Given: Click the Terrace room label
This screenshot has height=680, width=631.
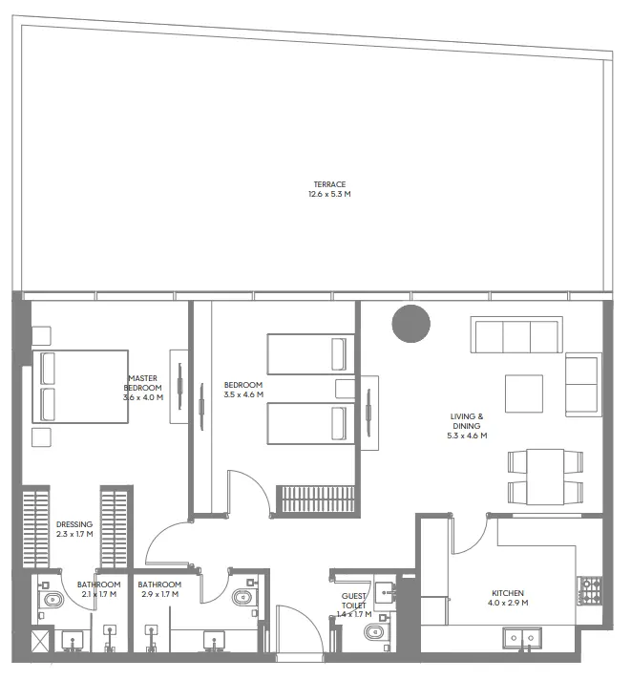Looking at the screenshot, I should [328, 184].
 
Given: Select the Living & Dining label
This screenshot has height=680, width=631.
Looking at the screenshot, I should [467, 421].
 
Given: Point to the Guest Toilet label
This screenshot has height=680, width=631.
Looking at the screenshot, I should [354, 601].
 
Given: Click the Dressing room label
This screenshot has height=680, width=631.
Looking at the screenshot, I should [74, 524].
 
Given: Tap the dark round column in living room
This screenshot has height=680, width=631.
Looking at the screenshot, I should [411, 325].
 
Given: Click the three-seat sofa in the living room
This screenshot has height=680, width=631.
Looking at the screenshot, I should [515, 336].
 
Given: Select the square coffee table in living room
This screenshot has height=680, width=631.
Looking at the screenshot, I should [523, 393].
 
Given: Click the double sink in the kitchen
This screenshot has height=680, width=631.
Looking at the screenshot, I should [523, 636].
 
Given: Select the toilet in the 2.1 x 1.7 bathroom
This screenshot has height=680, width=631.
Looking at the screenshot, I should [52, 600].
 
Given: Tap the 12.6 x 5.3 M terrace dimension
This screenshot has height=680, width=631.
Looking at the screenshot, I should [328, 195].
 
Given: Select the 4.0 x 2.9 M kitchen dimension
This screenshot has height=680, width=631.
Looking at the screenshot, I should [507, 603].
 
